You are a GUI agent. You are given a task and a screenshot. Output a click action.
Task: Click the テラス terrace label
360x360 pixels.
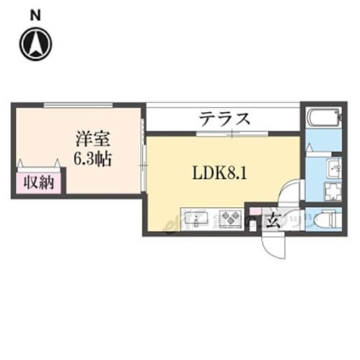click(x=225, y=118)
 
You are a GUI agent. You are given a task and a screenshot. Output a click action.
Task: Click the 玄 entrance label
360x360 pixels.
click(x=273, y=220)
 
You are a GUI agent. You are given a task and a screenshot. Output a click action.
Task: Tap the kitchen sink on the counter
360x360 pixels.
click(x=196, y=217)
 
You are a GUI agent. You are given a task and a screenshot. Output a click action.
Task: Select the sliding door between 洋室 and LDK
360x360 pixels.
click(x=145, y=166)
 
